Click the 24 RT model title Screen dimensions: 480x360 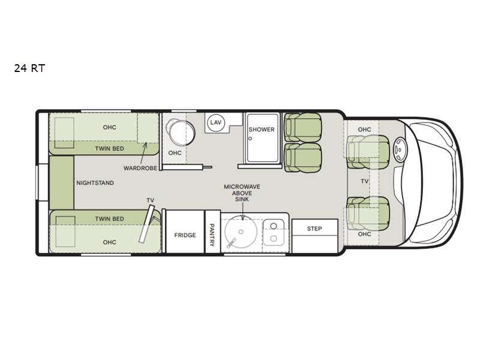point(29,68)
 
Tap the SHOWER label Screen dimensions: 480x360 point(262,130)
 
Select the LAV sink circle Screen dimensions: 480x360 point(216,122)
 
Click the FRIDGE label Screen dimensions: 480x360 point(185,235)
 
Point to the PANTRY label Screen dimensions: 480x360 point(212,235)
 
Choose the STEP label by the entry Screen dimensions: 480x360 point(314,229)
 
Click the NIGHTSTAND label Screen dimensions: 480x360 point(95,183)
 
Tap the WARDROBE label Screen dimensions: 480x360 point(140,169)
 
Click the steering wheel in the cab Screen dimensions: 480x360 point(400,149)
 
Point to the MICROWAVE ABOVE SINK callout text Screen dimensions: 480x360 point(242,193)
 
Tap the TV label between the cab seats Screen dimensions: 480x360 point(364,182)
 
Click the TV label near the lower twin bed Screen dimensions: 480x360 point(150,200)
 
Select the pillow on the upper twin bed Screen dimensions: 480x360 point(64,133)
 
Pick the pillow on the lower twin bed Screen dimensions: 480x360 point(65,232)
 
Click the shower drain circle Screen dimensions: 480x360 point(250,139)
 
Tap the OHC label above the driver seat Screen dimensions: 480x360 point(364,130)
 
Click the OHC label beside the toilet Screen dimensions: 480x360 point(175,153)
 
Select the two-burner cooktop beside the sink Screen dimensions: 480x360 point(274,232)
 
